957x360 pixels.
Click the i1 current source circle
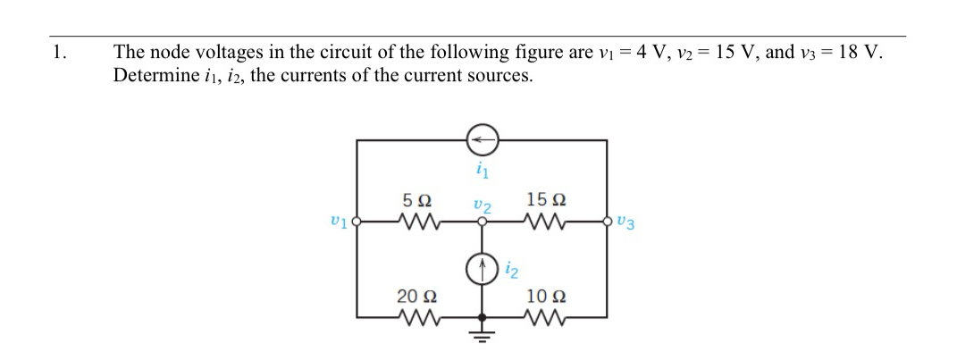coord(483,139)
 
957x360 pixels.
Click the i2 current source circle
coord(483,266)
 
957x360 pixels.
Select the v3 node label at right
coord(626,224)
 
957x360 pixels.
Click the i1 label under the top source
coord(483,167)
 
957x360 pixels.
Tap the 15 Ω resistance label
coord(545,198)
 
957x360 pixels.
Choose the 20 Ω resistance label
coord(416,296)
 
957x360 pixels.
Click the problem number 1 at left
coord(59,52)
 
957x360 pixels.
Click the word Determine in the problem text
coord(151,75)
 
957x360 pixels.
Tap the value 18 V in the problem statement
coord(859,52)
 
